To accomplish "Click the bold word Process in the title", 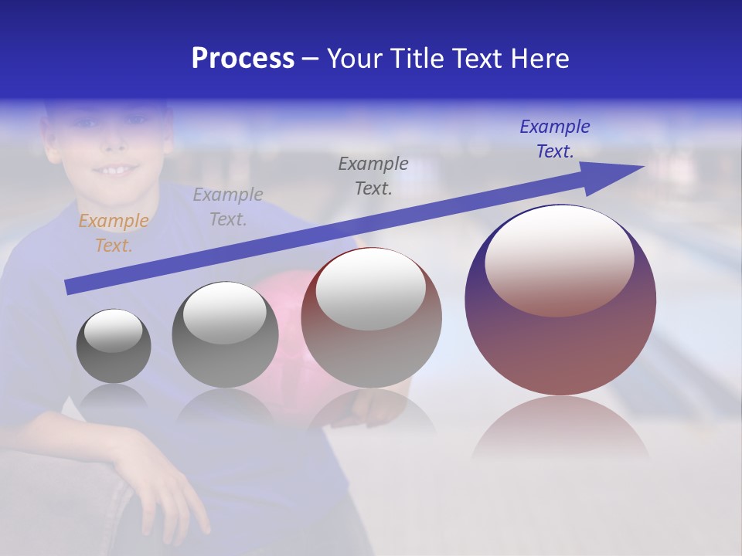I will coord(243,59).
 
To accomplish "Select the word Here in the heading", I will coord(539,59).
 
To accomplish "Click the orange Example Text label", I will coord(114,233).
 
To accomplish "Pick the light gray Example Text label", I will coord(228,207).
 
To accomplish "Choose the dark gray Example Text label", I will coord(373,176).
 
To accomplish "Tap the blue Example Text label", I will coord(554,139).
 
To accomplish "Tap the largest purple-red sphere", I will coord(560,347).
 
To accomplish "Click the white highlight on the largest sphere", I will coord(559,259).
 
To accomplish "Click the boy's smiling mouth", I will coord(115,168).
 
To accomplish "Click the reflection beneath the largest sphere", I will coord(560,429).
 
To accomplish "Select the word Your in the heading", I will coord(356,59).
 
